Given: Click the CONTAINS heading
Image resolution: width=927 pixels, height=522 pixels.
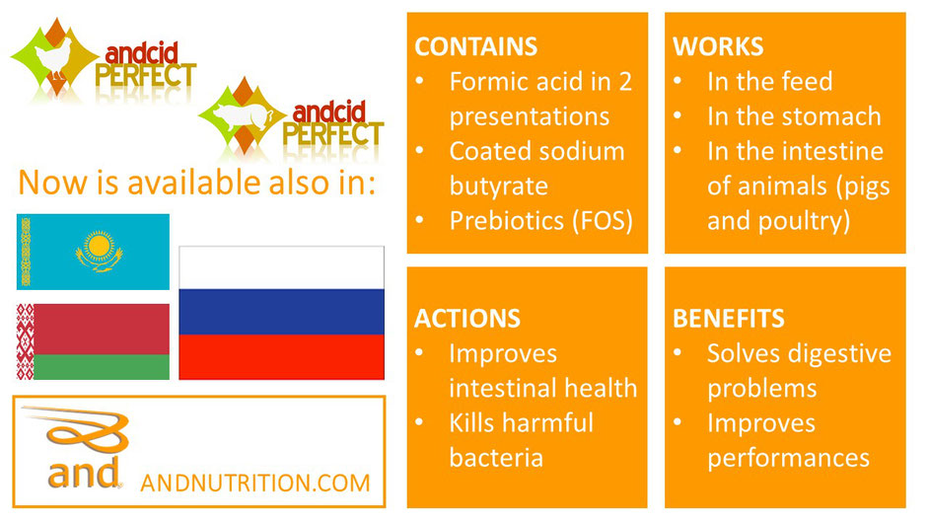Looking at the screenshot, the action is [476, 46].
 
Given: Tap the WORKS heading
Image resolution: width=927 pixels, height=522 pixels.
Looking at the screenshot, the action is [718, 46].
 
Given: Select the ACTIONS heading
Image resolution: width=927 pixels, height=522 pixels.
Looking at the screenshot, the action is [467, 319].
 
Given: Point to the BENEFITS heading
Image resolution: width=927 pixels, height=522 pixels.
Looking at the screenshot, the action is [729, 319].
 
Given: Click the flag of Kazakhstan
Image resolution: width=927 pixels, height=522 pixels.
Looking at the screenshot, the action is [93, 252].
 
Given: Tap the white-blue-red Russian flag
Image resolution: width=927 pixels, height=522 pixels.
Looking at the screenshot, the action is [281, 313].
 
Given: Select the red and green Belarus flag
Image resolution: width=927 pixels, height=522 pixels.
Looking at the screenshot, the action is [93, 341].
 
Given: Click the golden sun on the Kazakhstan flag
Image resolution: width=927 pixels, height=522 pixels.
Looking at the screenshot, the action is [99, 245].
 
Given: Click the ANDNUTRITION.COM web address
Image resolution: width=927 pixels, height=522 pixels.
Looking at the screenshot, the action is [255, 483].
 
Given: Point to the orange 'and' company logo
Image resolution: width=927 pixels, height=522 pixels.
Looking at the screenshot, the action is [80, 448].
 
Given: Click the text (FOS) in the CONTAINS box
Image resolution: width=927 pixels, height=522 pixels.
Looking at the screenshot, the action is [603, 221].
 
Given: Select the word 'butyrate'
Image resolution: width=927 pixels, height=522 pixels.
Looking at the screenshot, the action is [498, 186].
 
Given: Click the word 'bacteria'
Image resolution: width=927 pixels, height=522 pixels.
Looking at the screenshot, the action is [496, 458].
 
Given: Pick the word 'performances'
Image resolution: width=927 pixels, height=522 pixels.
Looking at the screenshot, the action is [788, 459].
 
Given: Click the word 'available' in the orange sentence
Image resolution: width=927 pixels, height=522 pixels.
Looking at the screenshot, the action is [192, 182].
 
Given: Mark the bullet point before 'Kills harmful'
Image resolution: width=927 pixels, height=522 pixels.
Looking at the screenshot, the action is [420, 422].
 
